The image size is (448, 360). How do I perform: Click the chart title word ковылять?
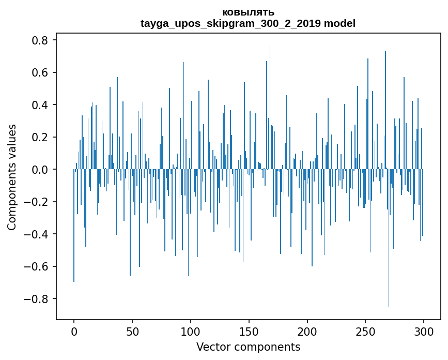(248, 12)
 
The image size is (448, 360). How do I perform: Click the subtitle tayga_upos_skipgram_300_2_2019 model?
(248, 23)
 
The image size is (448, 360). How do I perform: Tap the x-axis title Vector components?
(248, 347)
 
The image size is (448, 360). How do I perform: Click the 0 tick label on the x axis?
(74, 331)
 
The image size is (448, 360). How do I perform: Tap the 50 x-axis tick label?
(132, 331)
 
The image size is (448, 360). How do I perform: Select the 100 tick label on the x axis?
(191, 331)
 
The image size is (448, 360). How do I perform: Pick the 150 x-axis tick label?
(249, 331)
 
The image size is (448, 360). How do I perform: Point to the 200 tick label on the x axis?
(307, 331)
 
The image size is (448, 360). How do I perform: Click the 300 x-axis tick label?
(424, 331)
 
